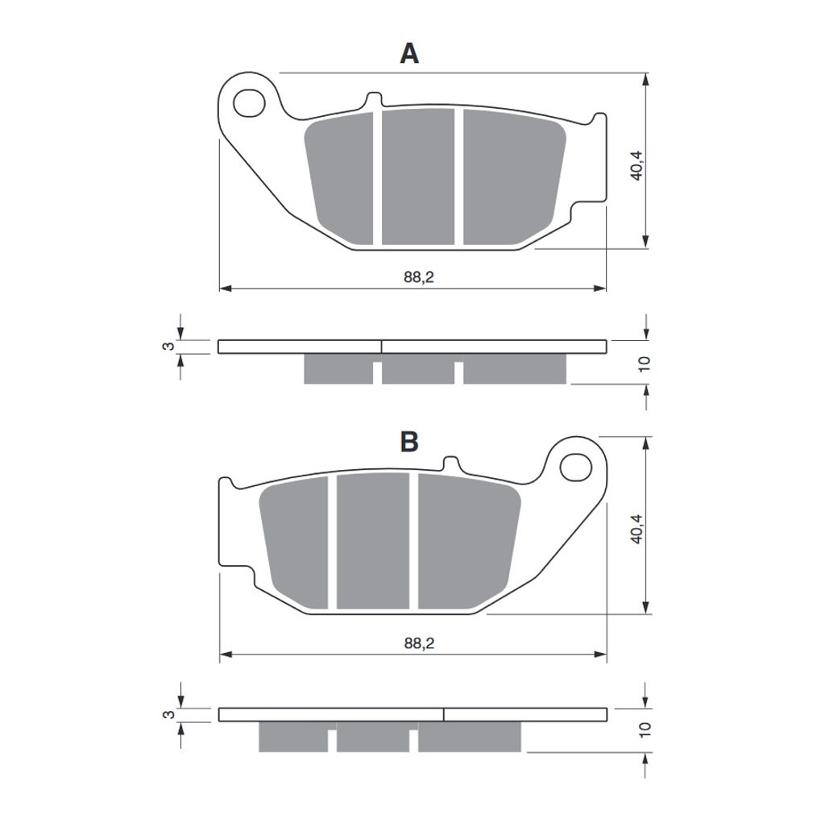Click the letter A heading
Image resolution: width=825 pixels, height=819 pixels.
[409, 54]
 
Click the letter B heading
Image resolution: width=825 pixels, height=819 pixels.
[409, 442]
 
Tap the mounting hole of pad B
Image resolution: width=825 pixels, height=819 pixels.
[575, 468]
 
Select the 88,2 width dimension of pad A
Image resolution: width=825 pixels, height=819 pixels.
[419, 276]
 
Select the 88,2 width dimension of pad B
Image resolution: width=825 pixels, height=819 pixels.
[419, 643]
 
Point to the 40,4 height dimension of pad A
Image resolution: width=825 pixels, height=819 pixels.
[636, 166]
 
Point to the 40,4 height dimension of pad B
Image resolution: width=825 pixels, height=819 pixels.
[636, 529]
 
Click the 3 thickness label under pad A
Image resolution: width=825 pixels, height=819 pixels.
[168, 347]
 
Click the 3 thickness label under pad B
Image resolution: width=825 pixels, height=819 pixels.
[168, 714]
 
